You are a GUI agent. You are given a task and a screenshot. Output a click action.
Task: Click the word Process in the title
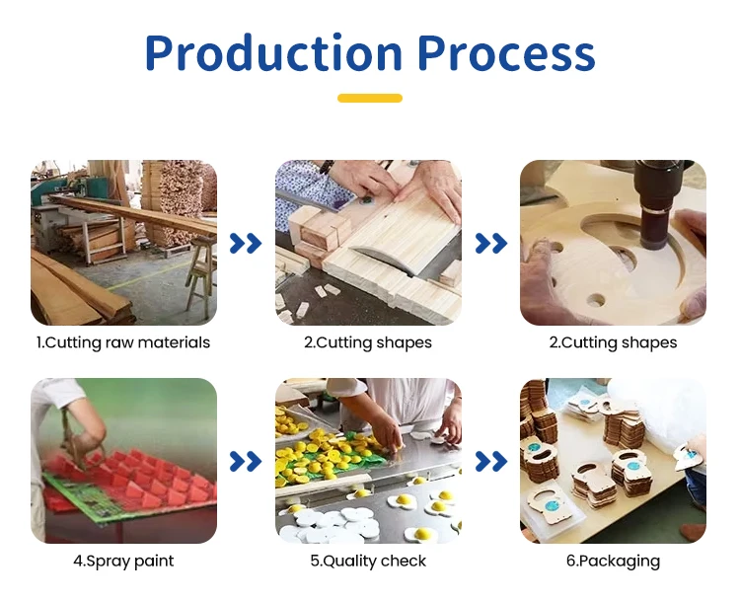(506, 53)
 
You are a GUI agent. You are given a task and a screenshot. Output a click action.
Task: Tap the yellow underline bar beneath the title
(370, 99)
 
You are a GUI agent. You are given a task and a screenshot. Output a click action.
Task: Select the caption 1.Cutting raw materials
(123, 342)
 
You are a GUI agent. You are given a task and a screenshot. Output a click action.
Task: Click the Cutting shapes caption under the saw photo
(368, 342)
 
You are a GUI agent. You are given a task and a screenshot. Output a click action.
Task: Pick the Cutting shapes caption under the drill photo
(613, 342)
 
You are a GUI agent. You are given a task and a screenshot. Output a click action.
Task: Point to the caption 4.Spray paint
(123, 561)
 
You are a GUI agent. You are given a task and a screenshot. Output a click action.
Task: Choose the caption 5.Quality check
(368, 561)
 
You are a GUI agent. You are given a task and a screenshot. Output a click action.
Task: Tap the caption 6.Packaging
(613, 561)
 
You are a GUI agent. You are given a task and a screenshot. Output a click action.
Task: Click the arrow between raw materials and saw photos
(246, 244)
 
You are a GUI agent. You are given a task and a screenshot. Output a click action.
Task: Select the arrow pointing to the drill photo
(490, 244)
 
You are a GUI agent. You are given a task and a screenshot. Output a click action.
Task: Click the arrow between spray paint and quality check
(246, 461)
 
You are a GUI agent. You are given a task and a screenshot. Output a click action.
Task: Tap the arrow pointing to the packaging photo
(490, 461)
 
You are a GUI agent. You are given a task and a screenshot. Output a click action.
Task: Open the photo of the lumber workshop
(123, 243)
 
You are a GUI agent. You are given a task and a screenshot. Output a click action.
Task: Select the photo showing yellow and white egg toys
(368, 461)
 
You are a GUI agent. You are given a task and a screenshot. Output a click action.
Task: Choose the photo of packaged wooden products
(613, 461)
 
